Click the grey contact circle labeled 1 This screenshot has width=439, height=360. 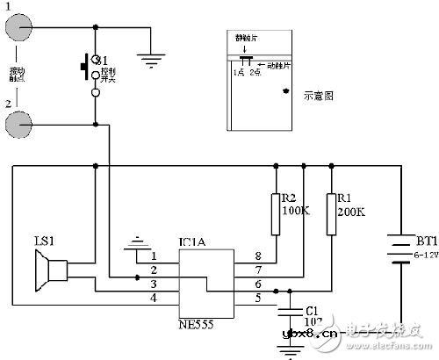(x=21, y=27)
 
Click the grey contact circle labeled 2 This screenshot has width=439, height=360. (x=21, y=124)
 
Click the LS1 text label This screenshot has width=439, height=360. (x=42, y=240)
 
